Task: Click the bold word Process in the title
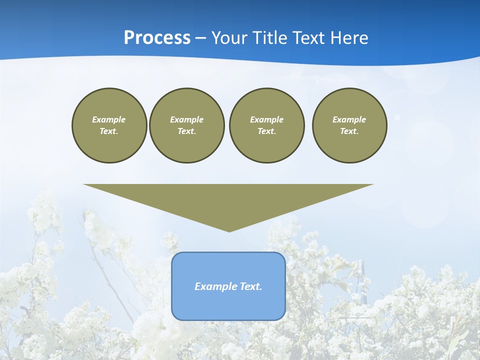(x=157, y=38)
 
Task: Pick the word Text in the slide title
(x=310, y=38)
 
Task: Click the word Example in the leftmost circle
(x=109, y=119)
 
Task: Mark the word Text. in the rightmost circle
(x=349, y=131)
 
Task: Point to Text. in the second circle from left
(x=186, y=131)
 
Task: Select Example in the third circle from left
(x=266, y=119)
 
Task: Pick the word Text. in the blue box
(x=250, y=286)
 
